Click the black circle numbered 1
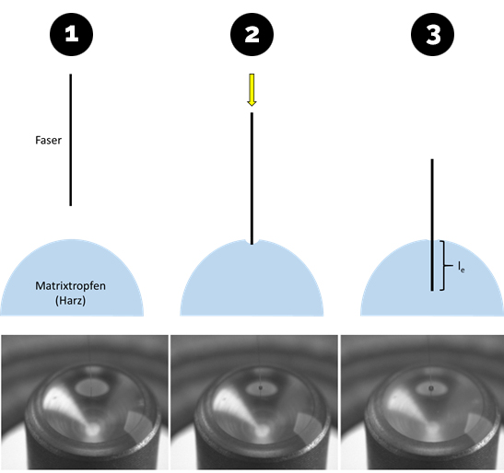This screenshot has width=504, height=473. click(x=71, y=34)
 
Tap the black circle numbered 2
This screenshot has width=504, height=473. click(x=252, y=34)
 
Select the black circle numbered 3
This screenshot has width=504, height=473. click(x=433, y=34)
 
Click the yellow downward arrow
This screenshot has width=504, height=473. click(x=252, y=90)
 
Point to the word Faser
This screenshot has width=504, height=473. click(x=48, y=140)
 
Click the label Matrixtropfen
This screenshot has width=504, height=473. click(x=70, y=286)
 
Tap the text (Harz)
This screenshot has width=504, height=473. click(x=70, y=301)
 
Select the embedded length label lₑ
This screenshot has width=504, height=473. click(x=462, y=267)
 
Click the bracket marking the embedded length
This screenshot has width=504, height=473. click(x=444, y=266)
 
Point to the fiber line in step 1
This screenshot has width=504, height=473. click(x=71, y=140)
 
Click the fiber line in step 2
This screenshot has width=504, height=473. click(x=252, y=179)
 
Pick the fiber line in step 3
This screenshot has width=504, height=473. click(x=432, y=225)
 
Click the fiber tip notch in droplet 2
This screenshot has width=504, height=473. click(x=252, y=243)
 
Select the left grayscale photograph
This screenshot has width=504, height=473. click(x=85, y=402)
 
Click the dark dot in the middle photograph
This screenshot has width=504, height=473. click(x=261, y=388)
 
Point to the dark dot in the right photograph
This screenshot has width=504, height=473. click(x=431, y=389)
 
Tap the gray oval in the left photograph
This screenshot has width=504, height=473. click(x=92, y=387)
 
